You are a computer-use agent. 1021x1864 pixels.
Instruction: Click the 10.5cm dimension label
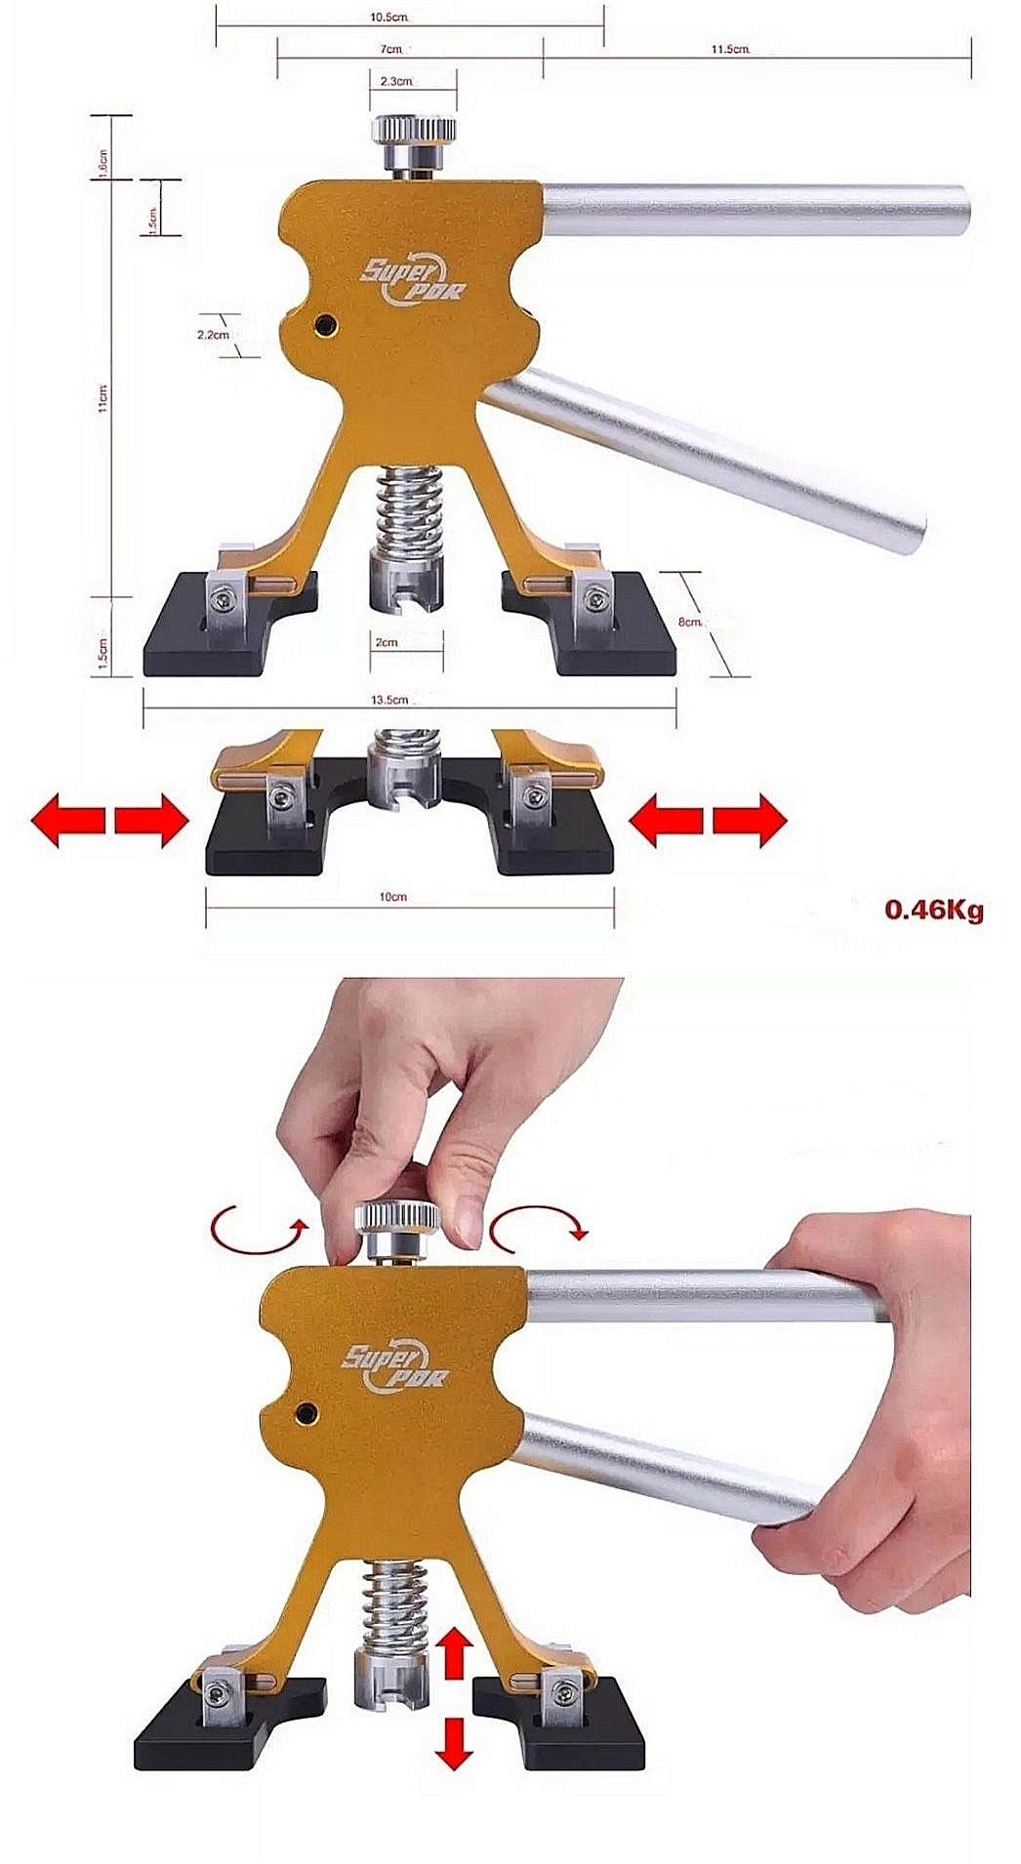[388, 18]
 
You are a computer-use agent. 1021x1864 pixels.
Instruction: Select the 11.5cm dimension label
[730, 49]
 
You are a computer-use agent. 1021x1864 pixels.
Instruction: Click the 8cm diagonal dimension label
[691, 622]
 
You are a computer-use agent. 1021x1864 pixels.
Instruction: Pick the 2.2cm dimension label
[213, 334]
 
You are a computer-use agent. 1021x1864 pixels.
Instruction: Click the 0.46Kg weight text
[934, 911]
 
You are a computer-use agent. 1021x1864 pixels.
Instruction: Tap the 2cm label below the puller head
[386, 642]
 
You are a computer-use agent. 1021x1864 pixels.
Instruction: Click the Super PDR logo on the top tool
[414, 278]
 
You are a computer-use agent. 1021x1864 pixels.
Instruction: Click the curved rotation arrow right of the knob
[539, 1230]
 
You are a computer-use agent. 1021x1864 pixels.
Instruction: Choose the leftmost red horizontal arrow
[66, 821]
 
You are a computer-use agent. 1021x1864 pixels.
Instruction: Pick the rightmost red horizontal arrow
[750, 821]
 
